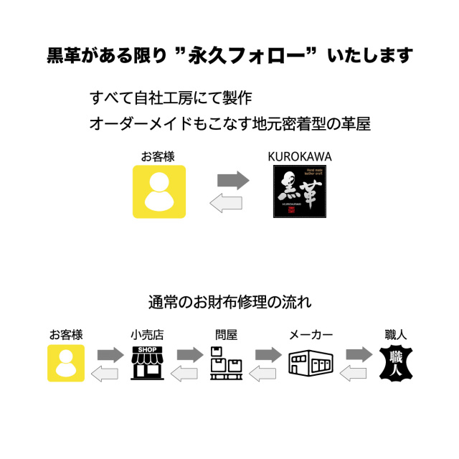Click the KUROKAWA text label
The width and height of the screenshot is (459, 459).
299,156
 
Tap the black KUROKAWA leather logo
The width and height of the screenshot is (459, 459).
299,191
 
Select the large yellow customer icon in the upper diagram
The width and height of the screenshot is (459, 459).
159,191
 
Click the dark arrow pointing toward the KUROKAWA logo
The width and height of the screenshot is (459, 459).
232,180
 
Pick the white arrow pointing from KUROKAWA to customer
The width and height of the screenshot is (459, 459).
225,204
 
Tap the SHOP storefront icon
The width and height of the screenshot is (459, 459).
147,363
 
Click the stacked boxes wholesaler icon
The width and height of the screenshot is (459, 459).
225,363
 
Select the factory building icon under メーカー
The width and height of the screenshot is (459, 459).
311,364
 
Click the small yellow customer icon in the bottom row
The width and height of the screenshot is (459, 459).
66,363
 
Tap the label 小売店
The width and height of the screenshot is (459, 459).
147,335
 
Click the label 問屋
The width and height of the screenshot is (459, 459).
226,335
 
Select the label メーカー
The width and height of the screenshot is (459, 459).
311,335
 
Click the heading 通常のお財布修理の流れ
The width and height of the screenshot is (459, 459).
229,301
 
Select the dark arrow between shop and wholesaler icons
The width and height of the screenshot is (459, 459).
189,354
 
